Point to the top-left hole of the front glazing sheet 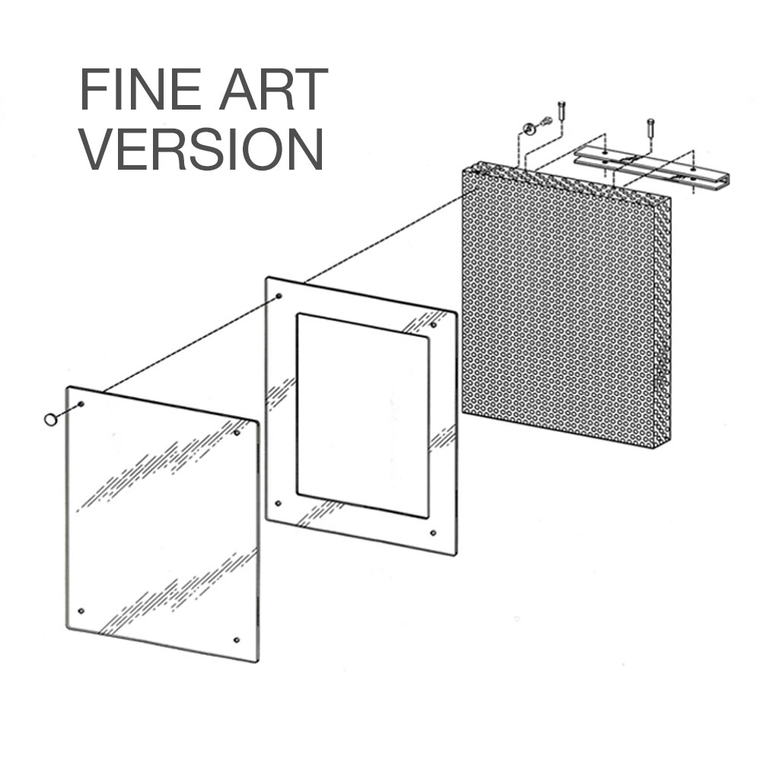(81, 403)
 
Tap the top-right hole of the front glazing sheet (237, 433)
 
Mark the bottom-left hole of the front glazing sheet (81, 611)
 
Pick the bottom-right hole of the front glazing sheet (237, 640)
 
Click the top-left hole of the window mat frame (279, 296)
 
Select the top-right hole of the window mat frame (434, 326)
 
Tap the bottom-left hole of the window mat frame (279, 503)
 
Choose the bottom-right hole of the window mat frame (433, 533)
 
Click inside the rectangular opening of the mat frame (362, 415)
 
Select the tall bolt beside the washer (562, 110)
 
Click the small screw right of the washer (545, 122)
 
